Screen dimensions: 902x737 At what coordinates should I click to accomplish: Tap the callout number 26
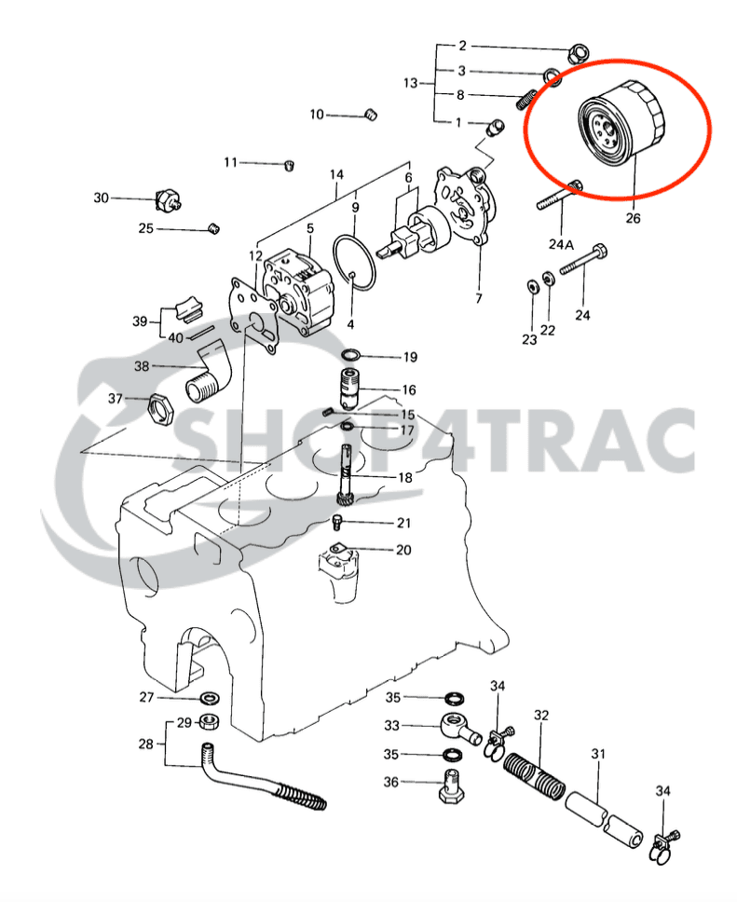[633, 220]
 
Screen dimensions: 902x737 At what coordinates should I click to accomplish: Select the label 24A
[561, 244]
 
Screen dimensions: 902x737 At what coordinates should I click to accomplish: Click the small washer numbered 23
[529, 285]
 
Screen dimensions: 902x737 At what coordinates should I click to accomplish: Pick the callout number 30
[102, 198]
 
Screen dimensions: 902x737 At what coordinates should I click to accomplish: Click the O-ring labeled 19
[352, 356]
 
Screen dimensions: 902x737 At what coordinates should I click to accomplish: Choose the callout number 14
[336, 174]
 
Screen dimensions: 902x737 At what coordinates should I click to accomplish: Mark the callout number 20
[403, 550]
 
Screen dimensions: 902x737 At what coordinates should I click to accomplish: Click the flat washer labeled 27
[211, 698]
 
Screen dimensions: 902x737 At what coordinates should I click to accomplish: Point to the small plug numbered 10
[369, 115]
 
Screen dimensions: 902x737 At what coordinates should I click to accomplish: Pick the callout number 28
[145, 744]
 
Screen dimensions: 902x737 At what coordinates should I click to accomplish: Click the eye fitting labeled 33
[457, 726]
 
